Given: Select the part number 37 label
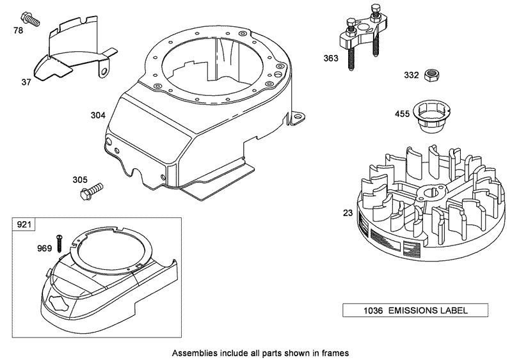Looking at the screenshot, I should tap(26, 82).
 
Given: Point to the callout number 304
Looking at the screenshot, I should tap(98, 116).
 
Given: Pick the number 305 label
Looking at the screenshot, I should tap(79, 180).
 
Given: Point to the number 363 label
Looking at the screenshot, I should tap(331, 58).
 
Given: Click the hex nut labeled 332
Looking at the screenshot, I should tap(433, 75).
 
